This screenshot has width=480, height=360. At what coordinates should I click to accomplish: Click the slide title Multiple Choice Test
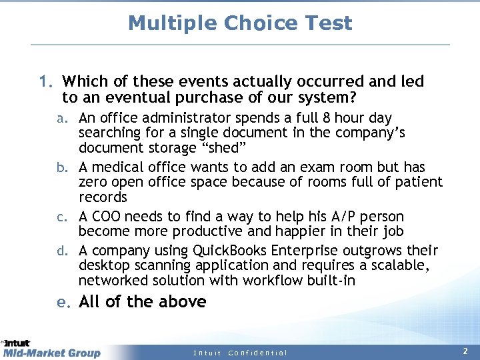point(240,23)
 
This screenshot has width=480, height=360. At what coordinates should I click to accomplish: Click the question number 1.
point(45,82)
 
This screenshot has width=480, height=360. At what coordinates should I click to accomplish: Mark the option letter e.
point(63,302)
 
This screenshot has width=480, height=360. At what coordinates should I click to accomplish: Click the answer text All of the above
point(142,302)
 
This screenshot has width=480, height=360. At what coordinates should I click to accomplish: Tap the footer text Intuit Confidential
point(240,353)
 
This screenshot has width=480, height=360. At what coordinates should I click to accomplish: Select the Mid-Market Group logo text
point(52,353)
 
